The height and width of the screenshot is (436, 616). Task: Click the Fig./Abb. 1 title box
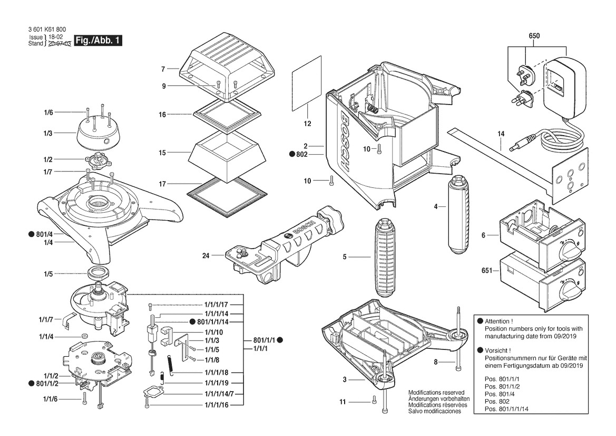tap(99, 41)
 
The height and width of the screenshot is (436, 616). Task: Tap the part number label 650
tap(534, 36)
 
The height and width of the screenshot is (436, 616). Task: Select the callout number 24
tap(206, 257)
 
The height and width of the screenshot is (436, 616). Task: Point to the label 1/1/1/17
tap(216, 305)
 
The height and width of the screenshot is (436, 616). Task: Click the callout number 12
tap(307, 124)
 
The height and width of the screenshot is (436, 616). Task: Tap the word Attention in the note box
tap(498, 321)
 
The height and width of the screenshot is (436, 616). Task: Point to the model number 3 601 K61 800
tap(47, 30)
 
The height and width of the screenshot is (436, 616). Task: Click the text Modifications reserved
tap(436, 393)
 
